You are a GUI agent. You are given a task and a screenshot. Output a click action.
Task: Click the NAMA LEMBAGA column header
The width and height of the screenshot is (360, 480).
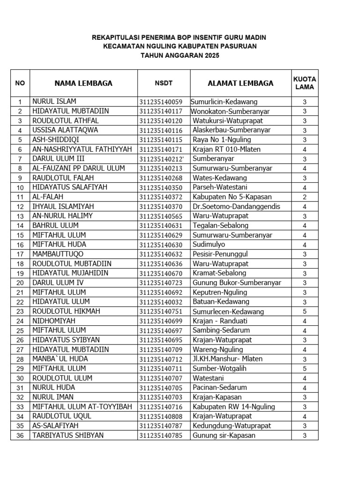pos(83,83)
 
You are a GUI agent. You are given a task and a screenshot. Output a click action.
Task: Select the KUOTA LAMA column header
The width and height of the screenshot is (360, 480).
pos(305,83)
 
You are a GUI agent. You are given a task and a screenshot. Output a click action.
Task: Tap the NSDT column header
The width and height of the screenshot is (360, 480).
pos(164,83)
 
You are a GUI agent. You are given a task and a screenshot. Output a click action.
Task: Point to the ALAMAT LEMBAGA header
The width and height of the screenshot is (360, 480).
pos(240,83)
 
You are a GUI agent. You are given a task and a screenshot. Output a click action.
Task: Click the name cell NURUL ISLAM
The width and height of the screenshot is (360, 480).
pos(54,101)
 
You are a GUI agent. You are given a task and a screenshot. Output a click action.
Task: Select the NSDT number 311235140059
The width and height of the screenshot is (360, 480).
pos(160,102)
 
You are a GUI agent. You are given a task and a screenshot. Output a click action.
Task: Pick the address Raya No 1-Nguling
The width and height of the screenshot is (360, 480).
pos(222,140)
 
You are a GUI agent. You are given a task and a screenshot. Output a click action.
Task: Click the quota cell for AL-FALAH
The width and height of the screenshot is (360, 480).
pos(304,197)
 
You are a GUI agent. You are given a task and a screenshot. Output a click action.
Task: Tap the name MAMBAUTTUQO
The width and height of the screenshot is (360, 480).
pos(58,254)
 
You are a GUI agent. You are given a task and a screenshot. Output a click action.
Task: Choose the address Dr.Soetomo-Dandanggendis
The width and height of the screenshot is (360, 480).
pos(236,206)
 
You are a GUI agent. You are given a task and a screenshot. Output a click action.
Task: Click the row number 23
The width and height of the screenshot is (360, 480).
pos(20,312)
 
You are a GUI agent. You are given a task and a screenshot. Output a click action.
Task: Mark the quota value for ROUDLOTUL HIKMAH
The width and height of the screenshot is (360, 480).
pos(304,312)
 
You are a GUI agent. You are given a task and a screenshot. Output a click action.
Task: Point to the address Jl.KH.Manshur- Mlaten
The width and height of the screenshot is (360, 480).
pos(227,359)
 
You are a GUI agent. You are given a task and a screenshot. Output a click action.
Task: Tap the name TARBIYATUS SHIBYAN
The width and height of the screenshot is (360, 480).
pos(68,435)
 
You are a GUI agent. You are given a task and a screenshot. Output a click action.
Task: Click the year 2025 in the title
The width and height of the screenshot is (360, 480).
pos(211,55)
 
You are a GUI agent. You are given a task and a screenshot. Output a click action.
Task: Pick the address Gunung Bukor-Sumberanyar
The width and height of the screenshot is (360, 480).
pos(237,283)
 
